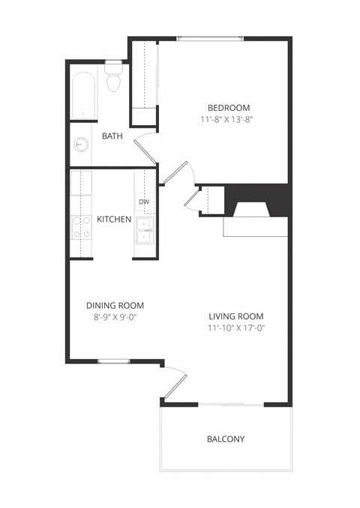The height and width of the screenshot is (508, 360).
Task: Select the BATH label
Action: tap(112, 136)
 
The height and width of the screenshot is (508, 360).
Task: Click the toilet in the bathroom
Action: tap(114, 78)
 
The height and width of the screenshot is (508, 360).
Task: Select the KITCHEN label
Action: tap(114, 220)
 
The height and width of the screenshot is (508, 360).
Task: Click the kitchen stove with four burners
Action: tap(81, 226)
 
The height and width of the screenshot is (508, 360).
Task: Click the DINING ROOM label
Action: tap(115, 306)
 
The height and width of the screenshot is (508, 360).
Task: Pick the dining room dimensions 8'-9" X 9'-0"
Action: tap(115, 317)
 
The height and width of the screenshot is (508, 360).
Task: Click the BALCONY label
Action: tap(226, 439)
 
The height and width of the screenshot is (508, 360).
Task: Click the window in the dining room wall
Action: tap(113, 361)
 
